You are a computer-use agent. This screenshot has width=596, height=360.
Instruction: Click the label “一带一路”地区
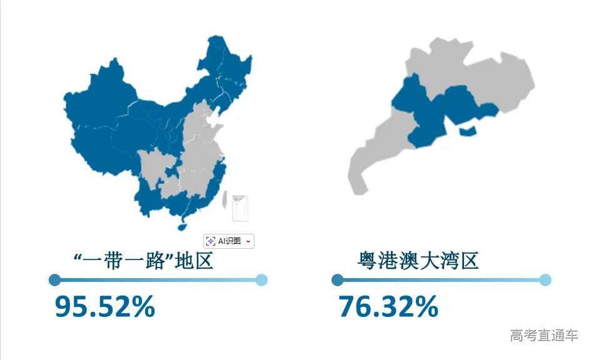(x=143, y=261)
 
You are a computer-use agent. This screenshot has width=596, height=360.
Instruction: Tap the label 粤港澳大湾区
(x=418, y=261)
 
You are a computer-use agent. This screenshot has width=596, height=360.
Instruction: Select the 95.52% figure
(x=105, y=306)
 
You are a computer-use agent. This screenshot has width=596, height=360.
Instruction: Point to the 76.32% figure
(x=388, y=306)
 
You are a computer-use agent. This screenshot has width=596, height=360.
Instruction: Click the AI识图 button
(x=229, y=241)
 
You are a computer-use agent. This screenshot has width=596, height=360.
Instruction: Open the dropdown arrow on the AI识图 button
(x=248, y=241)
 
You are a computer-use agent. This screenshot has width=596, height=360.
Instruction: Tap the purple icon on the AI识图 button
(x=211, y=241)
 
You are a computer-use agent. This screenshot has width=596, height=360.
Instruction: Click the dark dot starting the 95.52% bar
(x=54, y=279)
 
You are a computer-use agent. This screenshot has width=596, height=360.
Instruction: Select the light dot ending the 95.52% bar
(x=262, y=279)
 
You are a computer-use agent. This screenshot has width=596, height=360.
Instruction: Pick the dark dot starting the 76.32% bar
(x=338, y=279)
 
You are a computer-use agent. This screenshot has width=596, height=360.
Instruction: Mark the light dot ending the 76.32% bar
(x=545, y=279)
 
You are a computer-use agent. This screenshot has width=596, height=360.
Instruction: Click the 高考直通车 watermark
(x=543, y=335)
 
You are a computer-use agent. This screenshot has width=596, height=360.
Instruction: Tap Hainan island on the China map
(x=183, y=218)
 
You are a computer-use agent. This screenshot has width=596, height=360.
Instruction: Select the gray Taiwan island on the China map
(x=225, y=198)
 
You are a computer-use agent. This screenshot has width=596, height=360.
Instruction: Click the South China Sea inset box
(x=240, y=208)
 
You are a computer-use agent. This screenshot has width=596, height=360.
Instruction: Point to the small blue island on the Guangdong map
(x=468, y=131)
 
